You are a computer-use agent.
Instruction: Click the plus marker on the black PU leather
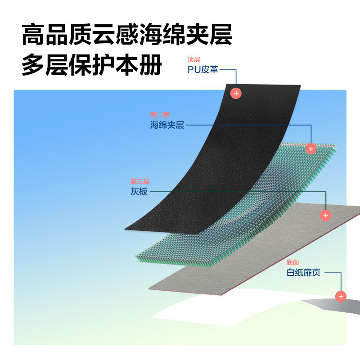pyautogui.click(x=236, y=93)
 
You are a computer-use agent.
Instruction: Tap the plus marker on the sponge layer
pyautogui.click(x=310, y=148)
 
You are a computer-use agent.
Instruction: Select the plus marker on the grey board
pyautogui.click(x=325, y=215)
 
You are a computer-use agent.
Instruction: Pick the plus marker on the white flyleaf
pyautogui.click(x=341, y=296)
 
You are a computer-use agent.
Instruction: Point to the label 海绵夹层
pyautogui.click(x=167, y=125)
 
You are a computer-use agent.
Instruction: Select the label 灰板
pyautogui.click(x=139, y=192)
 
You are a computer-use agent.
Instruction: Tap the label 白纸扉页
pyautogui.click(x=303, y=272)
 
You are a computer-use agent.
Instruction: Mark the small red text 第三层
pyautogui.click(x=140, y=182)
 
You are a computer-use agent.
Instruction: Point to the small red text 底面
pyautogui.click(x=292, y=262)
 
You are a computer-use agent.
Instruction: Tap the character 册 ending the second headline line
pyautogui.click(x=150, y=65)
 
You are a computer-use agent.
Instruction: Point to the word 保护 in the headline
pyautogui.click(x=92, y=65)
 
